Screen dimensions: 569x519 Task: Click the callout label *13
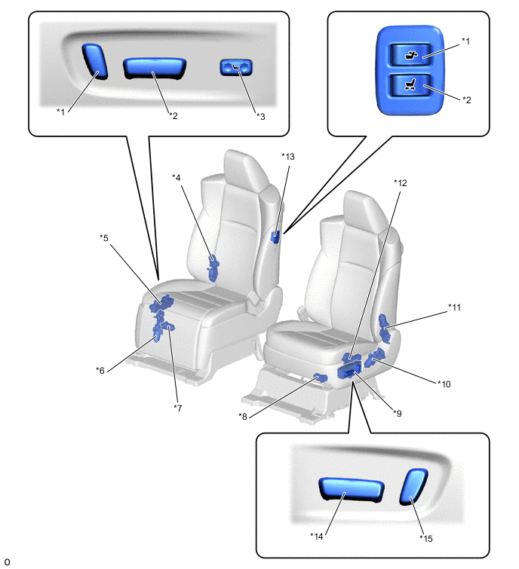(x=287, y=157)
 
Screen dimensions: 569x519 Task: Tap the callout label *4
(x=176, y=178)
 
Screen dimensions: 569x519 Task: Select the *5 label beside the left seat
(x=104, y=237)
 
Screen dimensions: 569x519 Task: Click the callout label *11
(x=454, y=307)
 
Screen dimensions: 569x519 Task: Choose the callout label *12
(x=400, y=182)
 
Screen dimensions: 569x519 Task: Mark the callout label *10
(x=444, y=384)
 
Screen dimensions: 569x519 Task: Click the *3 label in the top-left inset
(x=260, y=116)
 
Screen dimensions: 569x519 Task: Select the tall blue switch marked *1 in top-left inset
(x=95, y=60)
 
